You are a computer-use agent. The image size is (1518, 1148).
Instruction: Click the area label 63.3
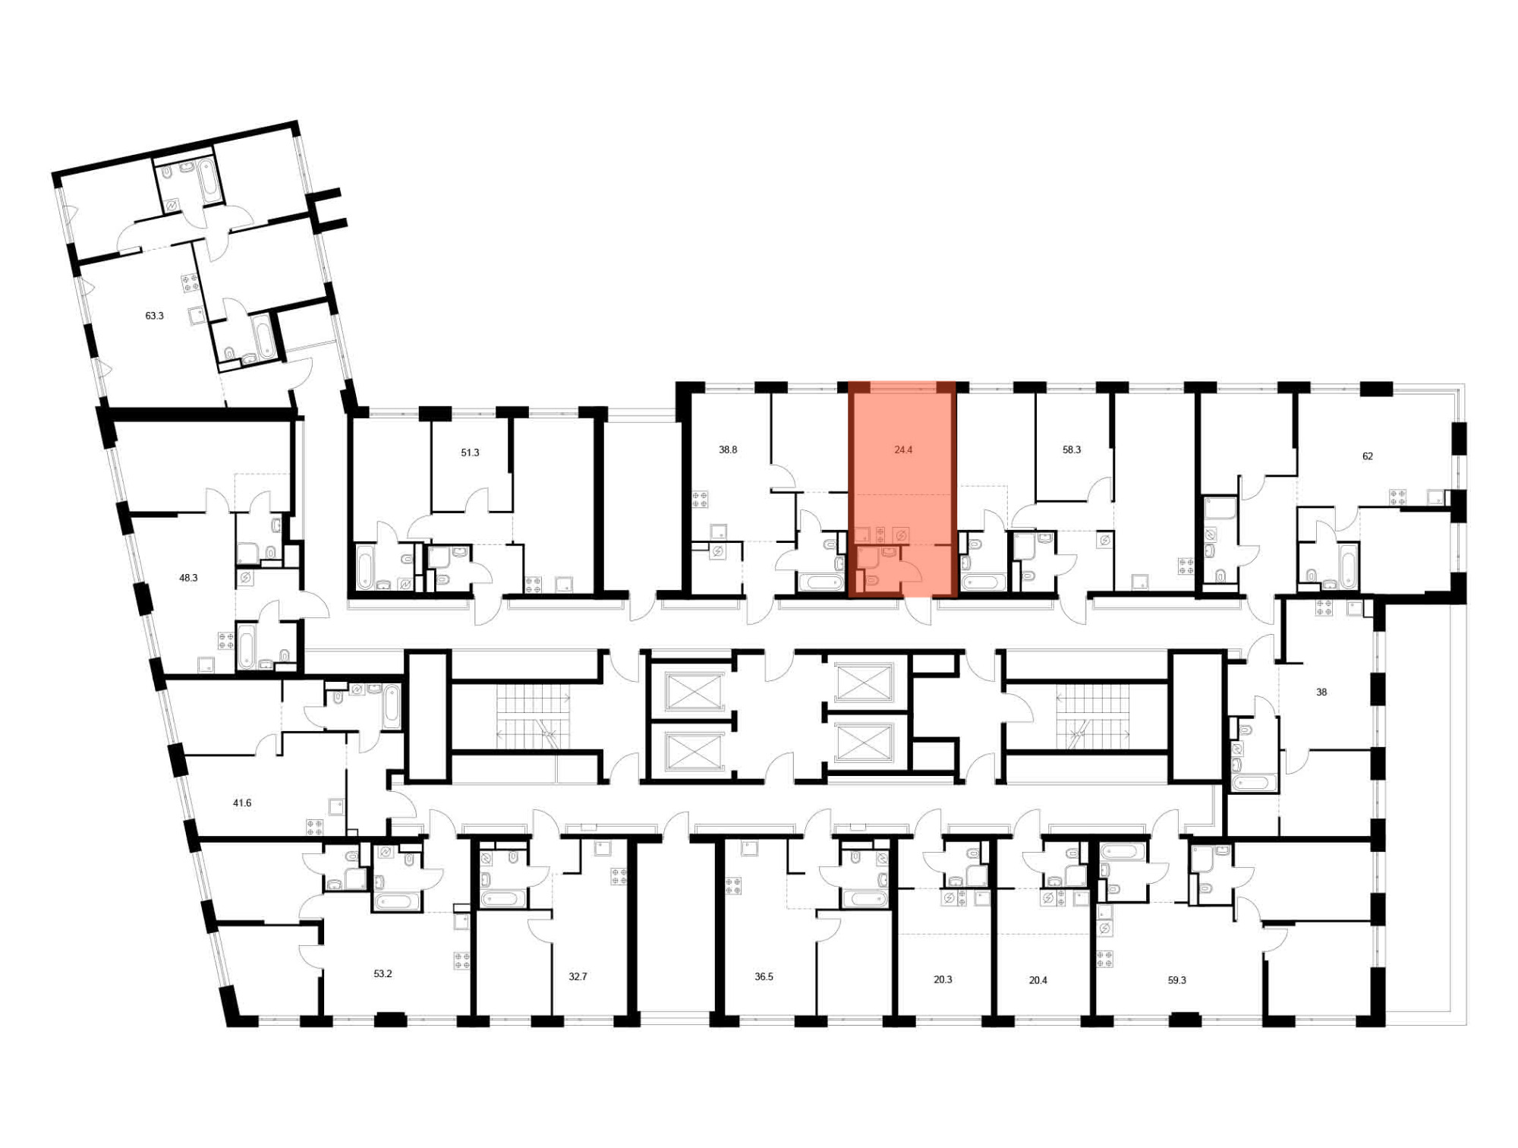pos(154,316)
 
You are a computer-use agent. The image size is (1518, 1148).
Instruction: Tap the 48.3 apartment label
pos(188,578)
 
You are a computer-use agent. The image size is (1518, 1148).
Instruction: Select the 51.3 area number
pos(470,453)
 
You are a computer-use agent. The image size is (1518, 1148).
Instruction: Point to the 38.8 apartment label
pos(728,449)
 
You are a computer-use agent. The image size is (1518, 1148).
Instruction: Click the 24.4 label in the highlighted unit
pos(903,449)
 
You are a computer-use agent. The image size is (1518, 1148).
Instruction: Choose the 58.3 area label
pos(1072,449)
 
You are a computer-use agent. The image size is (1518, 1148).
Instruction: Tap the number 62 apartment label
pos(1368,456)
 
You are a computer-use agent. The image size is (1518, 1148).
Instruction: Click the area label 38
pos(1321,692)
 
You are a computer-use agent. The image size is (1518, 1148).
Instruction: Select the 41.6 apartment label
pos(242,803)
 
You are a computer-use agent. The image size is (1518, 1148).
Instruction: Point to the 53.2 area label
pos(383,973)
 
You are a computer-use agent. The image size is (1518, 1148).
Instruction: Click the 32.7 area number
pos(578,976)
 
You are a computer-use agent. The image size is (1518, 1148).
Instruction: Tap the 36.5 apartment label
pos(764,976)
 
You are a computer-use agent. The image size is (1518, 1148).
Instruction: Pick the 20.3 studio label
pos(943,979)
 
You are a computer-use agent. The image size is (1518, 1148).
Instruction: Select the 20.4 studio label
pos(1038,980)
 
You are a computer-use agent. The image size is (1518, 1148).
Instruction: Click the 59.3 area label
pos(1176,980)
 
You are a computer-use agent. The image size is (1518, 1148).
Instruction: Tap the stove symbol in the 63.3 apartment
pos(190,284)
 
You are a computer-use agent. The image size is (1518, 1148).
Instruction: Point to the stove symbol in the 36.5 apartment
pos(733,886)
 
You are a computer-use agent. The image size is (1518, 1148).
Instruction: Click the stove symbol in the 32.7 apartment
pos(619,877)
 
